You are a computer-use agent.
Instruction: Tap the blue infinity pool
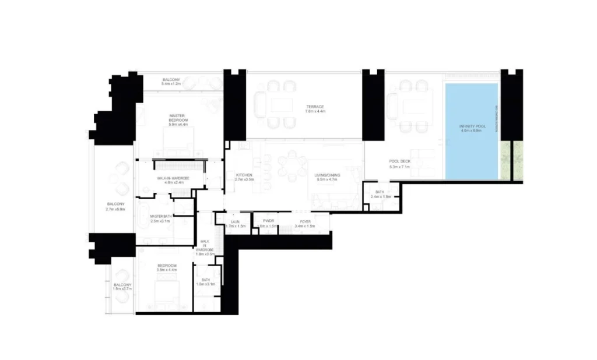[472, 132]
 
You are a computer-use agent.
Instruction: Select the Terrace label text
[315, 108]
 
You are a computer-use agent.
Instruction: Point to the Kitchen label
[244, 177]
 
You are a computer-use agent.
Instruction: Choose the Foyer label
[305, 223]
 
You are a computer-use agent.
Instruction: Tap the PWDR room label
[268, 223]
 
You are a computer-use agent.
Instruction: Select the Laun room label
[235, 223]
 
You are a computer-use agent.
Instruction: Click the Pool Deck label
[401, 164]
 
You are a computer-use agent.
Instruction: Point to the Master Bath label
[160, 218]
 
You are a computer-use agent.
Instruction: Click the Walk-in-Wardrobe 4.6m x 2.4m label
[170, 180]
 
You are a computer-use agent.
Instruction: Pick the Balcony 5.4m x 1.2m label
[171, 82]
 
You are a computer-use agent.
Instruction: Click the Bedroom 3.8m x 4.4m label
[166, 267]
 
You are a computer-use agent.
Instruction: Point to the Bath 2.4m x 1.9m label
[380, 194]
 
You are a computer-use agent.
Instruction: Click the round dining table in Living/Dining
[291, 164]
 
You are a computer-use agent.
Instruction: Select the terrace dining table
[282, 105]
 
